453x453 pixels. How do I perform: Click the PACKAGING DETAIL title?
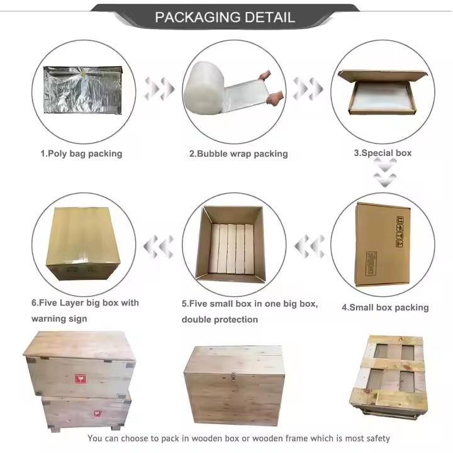[225, 17]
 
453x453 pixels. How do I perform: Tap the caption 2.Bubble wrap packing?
[238, 154]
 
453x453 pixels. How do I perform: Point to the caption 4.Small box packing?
[385, 308]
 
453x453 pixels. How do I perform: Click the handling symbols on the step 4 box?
[399, 230]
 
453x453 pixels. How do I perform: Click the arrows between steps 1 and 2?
[159, 89]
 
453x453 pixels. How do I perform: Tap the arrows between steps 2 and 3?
[308, 89]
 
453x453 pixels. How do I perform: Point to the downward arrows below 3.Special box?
[384, 173]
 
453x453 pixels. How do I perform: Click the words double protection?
[220, 320]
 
